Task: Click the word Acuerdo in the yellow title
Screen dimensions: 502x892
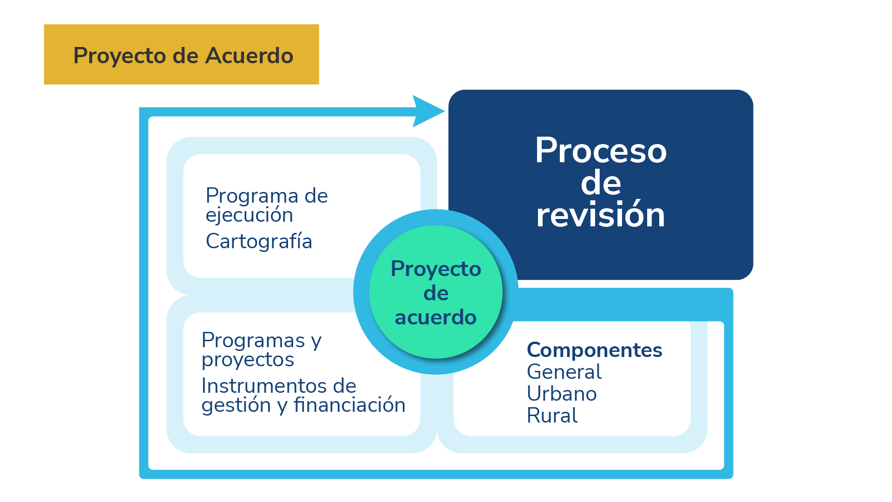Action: (249, 56)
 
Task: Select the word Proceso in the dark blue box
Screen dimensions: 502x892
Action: (601, 151)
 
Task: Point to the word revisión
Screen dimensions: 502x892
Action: (601, 215)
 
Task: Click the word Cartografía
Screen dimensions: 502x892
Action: (259, 241)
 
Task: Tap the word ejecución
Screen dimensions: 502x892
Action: (249, 215)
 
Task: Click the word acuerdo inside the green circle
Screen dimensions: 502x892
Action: (435, 317)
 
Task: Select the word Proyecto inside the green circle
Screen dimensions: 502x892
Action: (436, 269)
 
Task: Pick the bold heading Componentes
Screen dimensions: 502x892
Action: (594, 350)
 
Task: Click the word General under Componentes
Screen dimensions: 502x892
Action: (564, 372)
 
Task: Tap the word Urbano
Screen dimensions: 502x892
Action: (562, 394)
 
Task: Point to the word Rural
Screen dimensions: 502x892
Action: (552, 416)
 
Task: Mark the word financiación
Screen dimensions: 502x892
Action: (349, 405)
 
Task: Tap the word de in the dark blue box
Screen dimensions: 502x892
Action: (601, 183)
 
